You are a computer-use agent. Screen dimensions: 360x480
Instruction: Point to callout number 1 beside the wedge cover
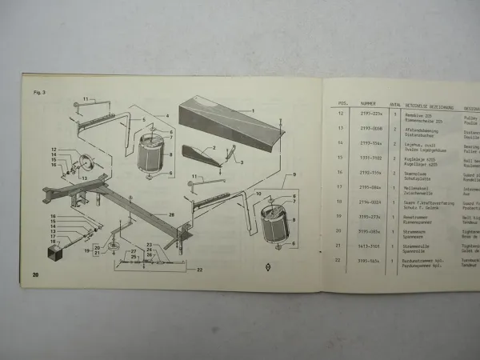pyautogui.click(x=252, y=109)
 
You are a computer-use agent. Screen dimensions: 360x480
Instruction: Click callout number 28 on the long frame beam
pyautogui.click(x=171, y=214)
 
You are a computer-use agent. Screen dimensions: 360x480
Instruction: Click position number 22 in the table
pyautogui.click(x=342, y=260)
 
